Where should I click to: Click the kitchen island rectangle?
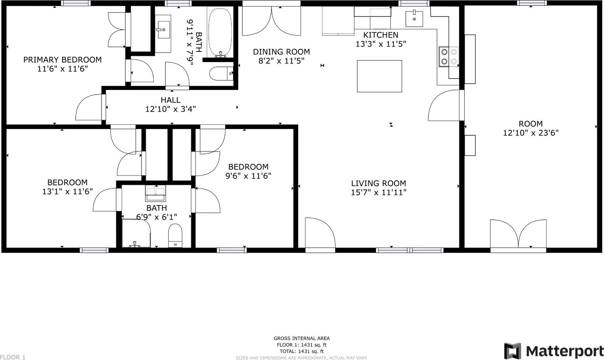coord(379,76)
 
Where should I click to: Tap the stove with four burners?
coord(449,57)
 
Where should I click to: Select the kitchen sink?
coord(414,19)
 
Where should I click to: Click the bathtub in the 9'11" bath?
coord(220,33)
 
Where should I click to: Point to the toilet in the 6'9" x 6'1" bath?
coord(175,235)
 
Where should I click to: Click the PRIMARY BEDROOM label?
coord(63,59)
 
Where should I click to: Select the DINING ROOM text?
coord(281,52)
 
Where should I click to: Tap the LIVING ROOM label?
coord(378,183)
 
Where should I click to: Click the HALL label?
coord(170,100)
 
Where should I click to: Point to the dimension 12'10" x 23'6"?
coord(531,133)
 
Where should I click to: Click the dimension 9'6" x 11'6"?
coord(248,176)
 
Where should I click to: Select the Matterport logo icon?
coord(513,351)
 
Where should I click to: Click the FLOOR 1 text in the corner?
coord(13,357)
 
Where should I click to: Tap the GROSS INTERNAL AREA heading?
coord(301,338)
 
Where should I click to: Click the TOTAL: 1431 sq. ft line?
coord(301,351)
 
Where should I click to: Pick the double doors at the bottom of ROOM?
coord(518,235)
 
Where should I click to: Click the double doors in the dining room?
coord(271,21)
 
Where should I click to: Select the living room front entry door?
coord(320,234)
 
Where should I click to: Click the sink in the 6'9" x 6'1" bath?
coord(156,193)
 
